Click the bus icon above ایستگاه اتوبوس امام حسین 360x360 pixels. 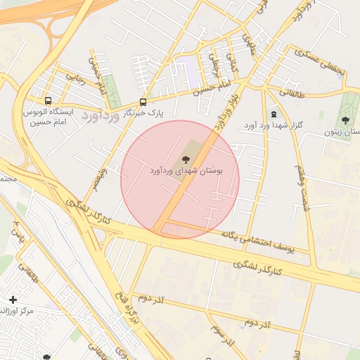48,101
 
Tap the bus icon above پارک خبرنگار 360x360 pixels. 143,101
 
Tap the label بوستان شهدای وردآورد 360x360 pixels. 186,171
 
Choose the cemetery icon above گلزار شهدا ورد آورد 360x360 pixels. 273,114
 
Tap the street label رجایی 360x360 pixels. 75,76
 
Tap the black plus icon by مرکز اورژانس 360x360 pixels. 12,300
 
